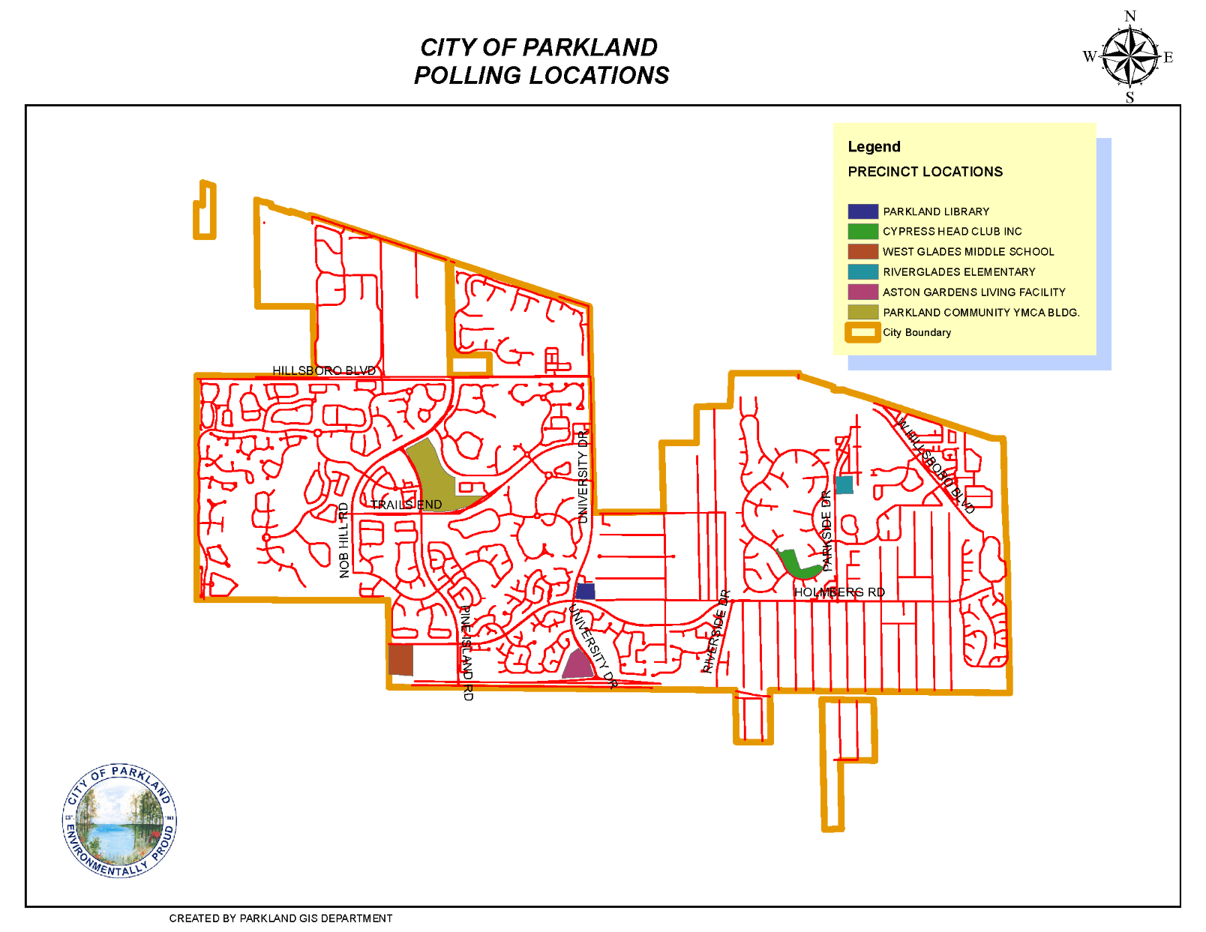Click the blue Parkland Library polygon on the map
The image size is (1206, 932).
[x=585, y=591]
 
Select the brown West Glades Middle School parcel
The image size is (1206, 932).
[x=400, y=660]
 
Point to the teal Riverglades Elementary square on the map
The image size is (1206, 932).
[x=844, y=485]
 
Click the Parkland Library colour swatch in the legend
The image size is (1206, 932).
[x=862, y=211]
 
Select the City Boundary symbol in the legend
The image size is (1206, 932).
[x=862, y=332]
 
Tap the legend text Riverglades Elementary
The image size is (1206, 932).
[x=958, y=272]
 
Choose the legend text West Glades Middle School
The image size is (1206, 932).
[x=967, y=252]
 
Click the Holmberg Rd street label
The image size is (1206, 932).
[x=839, y=592]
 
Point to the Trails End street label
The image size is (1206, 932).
[x=406, y=505]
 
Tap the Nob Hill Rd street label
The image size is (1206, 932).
[x=344, y=541]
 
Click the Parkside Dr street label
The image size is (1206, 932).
[x=826, y=531]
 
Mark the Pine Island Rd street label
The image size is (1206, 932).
[x=466, y=653]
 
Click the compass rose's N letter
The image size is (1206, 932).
[x=1130, y=16]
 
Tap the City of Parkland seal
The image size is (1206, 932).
[x=119, y=820]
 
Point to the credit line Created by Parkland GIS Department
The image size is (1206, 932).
[x=280, y=919]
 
